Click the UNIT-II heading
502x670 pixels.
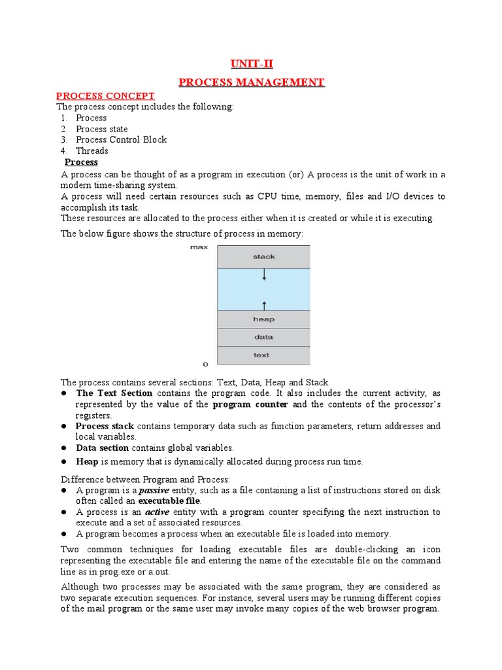[251, 63]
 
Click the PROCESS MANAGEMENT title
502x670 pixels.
[251, 82]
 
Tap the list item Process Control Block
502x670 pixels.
[121, 139]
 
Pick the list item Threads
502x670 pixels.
[92, 150]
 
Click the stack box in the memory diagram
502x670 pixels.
[263, 256]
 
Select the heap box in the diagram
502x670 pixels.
[263, 319]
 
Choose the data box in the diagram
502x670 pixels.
[263, 337]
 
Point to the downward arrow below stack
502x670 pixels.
[264, 275]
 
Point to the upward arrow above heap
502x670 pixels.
[264, 304]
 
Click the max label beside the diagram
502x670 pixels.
[199, 247]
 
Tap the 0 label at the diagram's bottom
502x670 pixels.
[206, 364]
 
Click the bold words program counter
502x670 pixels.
[250, 404]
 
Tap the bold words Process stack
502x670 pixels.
[105, 426]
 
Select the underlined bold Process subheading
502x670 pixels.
[81, 162]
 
